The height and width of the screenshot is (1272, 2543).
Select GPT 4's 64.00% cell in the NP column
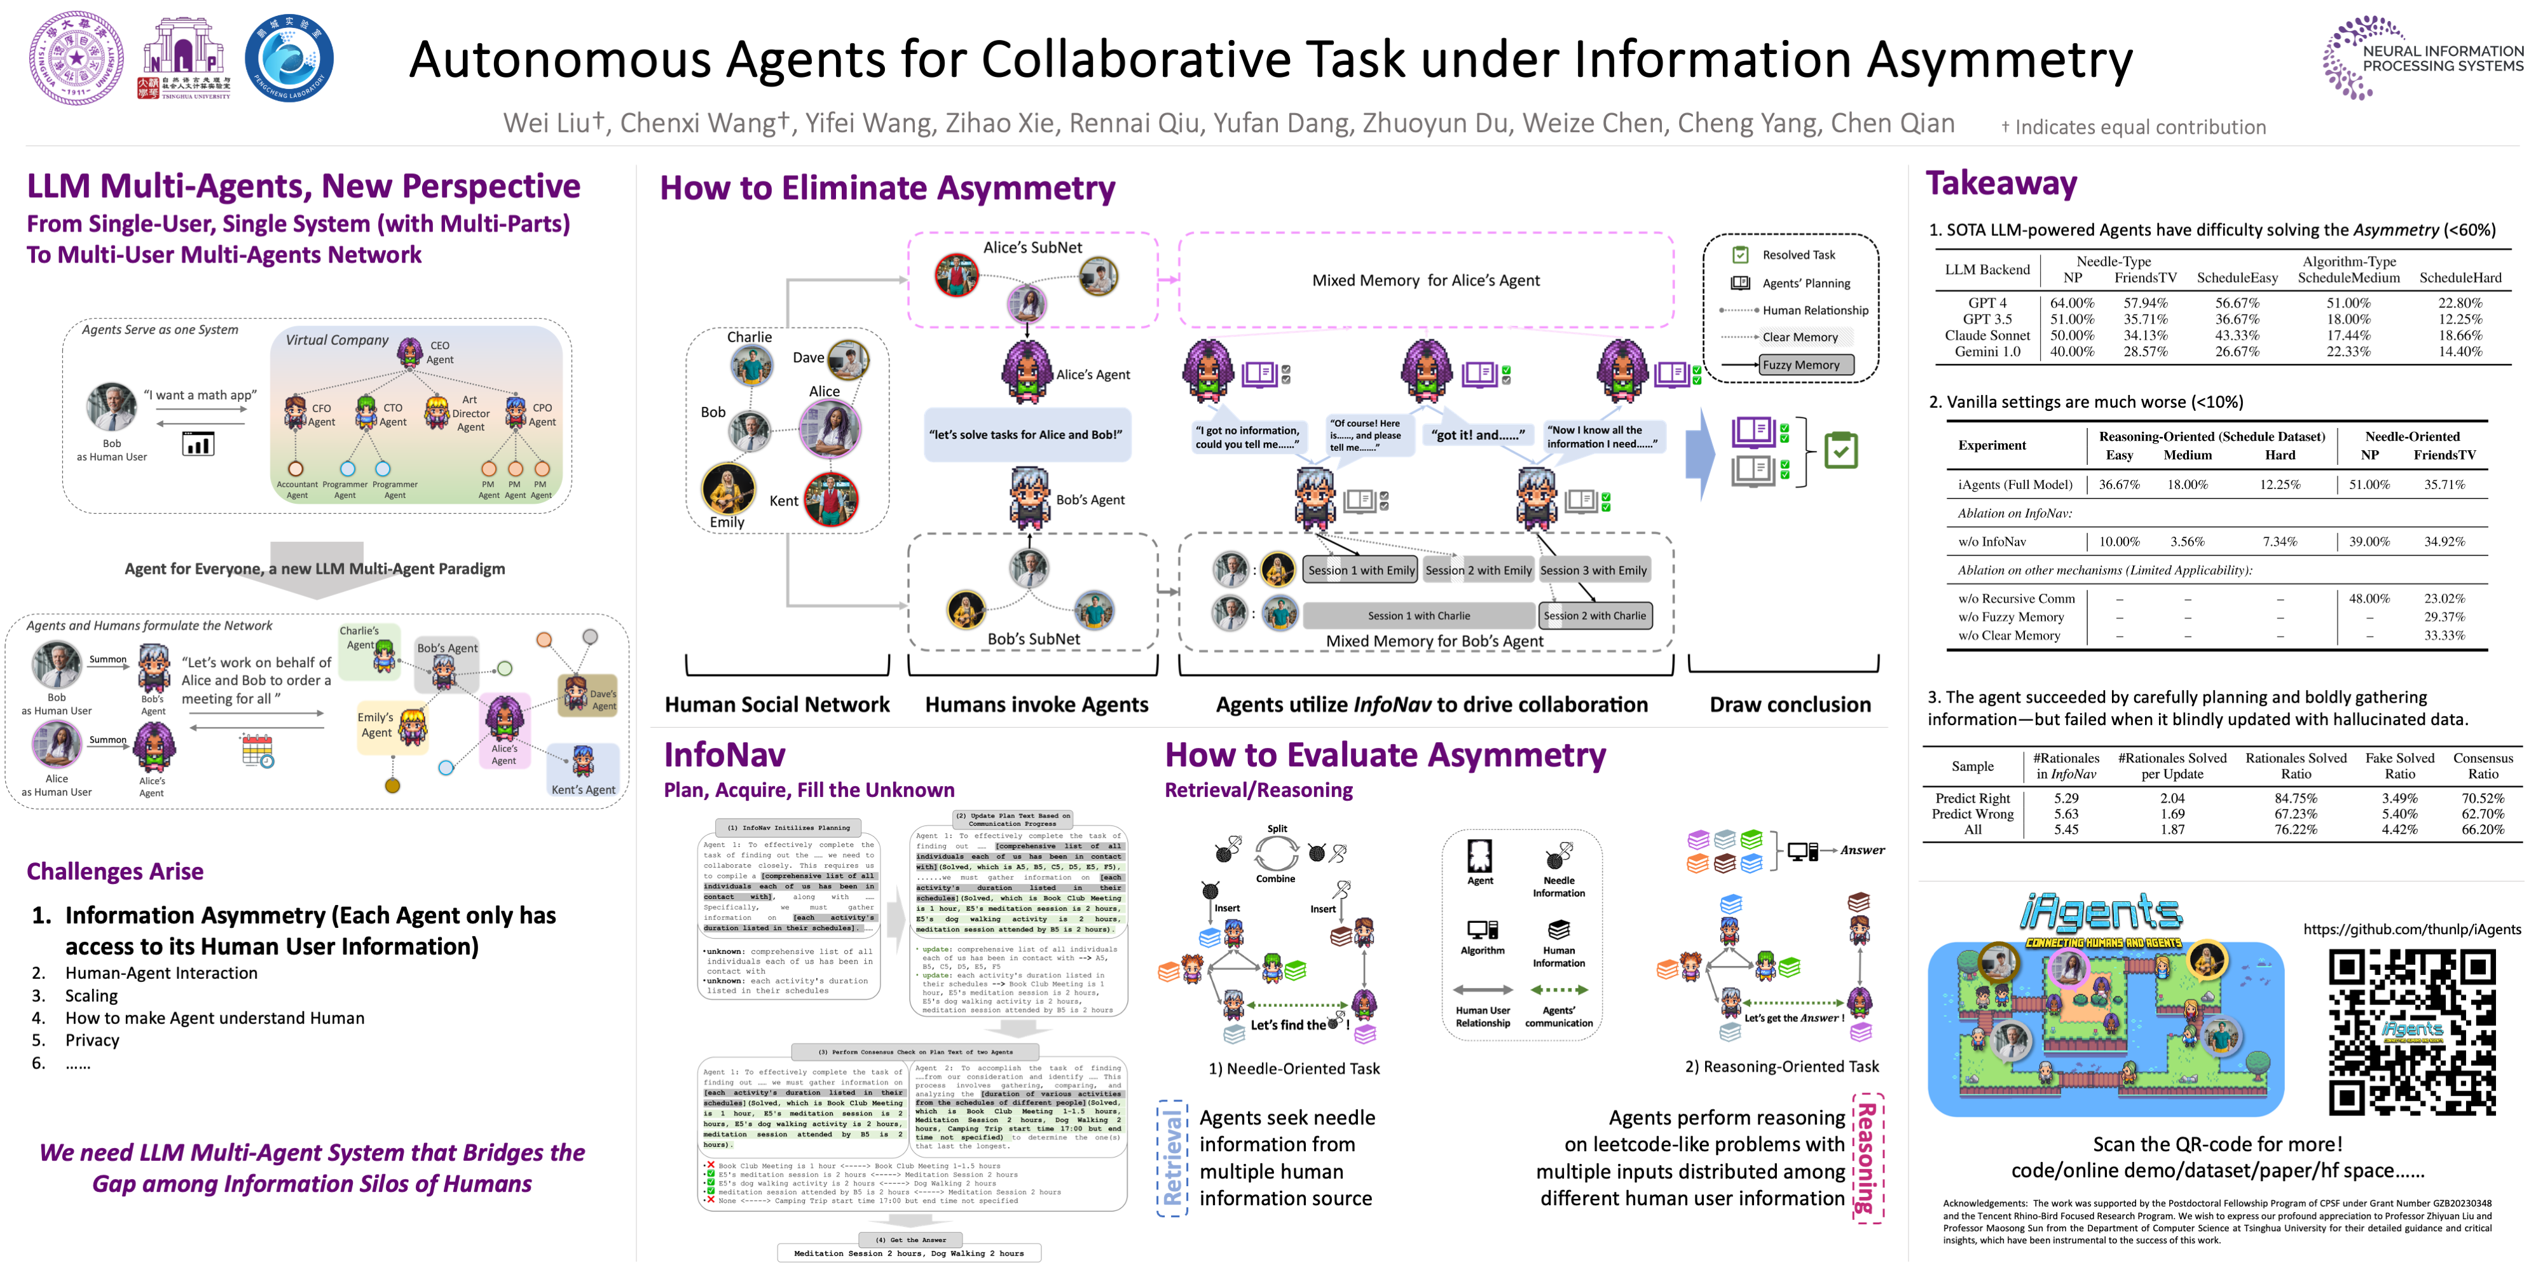point(2071,303)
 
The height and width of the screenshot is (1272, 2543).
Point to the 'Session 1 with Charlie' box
point(1418,615)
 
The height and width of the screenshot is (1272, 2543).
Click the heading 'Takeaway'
point(2001,184)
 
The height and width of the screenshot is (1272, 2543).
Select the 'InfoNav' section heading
point(725,754)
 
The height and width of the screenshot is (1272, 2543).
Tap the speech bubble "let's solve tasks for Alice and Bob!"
point(1025,434)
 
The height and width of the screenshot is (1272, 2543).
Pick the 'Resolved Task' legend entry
point(1798,255)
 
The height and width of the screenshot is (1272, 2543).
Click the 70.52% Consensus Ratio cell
point(2482,798)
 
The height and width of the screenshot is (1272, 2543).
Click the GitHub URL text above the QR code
point(2411,929)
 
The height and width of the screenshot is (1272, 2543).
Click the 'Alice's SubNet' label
point(1032,248)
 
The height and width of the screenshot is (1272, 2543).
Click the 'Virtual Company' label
point(337,340)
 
